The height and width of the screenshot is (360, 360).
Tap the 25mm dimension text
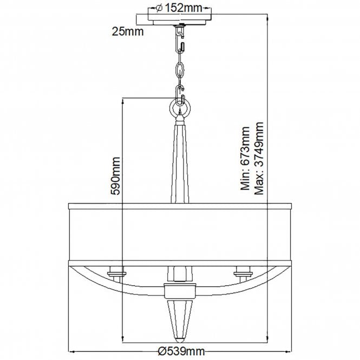point(127,31)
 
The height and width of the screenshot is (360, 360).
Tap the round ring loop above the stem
point(180,108)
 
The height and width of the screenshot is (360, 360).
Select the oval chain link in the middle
point(180,71)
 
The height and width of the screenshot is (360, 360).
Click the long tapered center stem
point(180,162)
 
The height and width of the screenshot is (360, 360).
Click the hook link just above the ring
point(180,91)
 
